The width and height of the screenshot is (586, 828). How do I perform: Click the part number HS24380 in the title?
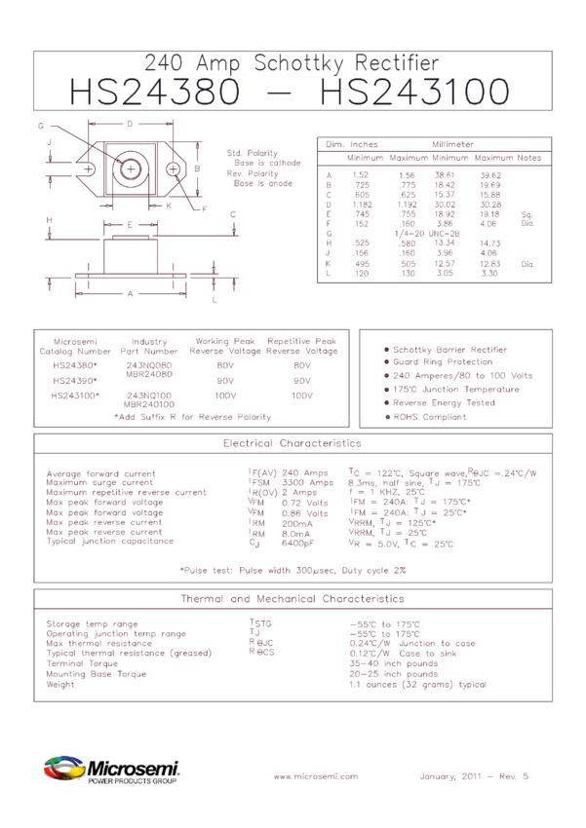point(153,93)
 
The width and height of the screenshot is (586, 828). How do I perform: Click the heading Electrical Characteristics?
point(293,443)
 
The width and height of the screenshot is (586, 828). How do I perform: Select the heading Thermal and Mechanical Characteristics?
point(293,598)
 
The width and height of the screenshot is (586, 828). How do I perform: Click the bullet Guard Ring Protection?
point(444,362)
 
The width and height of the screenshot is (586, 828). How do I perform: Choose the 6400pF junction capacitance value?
point(295,543)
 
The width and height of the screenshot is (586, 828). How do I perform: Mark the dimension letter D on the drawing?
point(130,124)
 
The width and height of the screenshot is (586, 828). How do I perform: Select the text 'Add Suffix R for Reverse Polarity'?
point(193,417)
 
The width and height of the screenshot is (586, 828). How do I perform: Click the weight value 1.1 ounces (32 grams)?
point(417,685)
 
